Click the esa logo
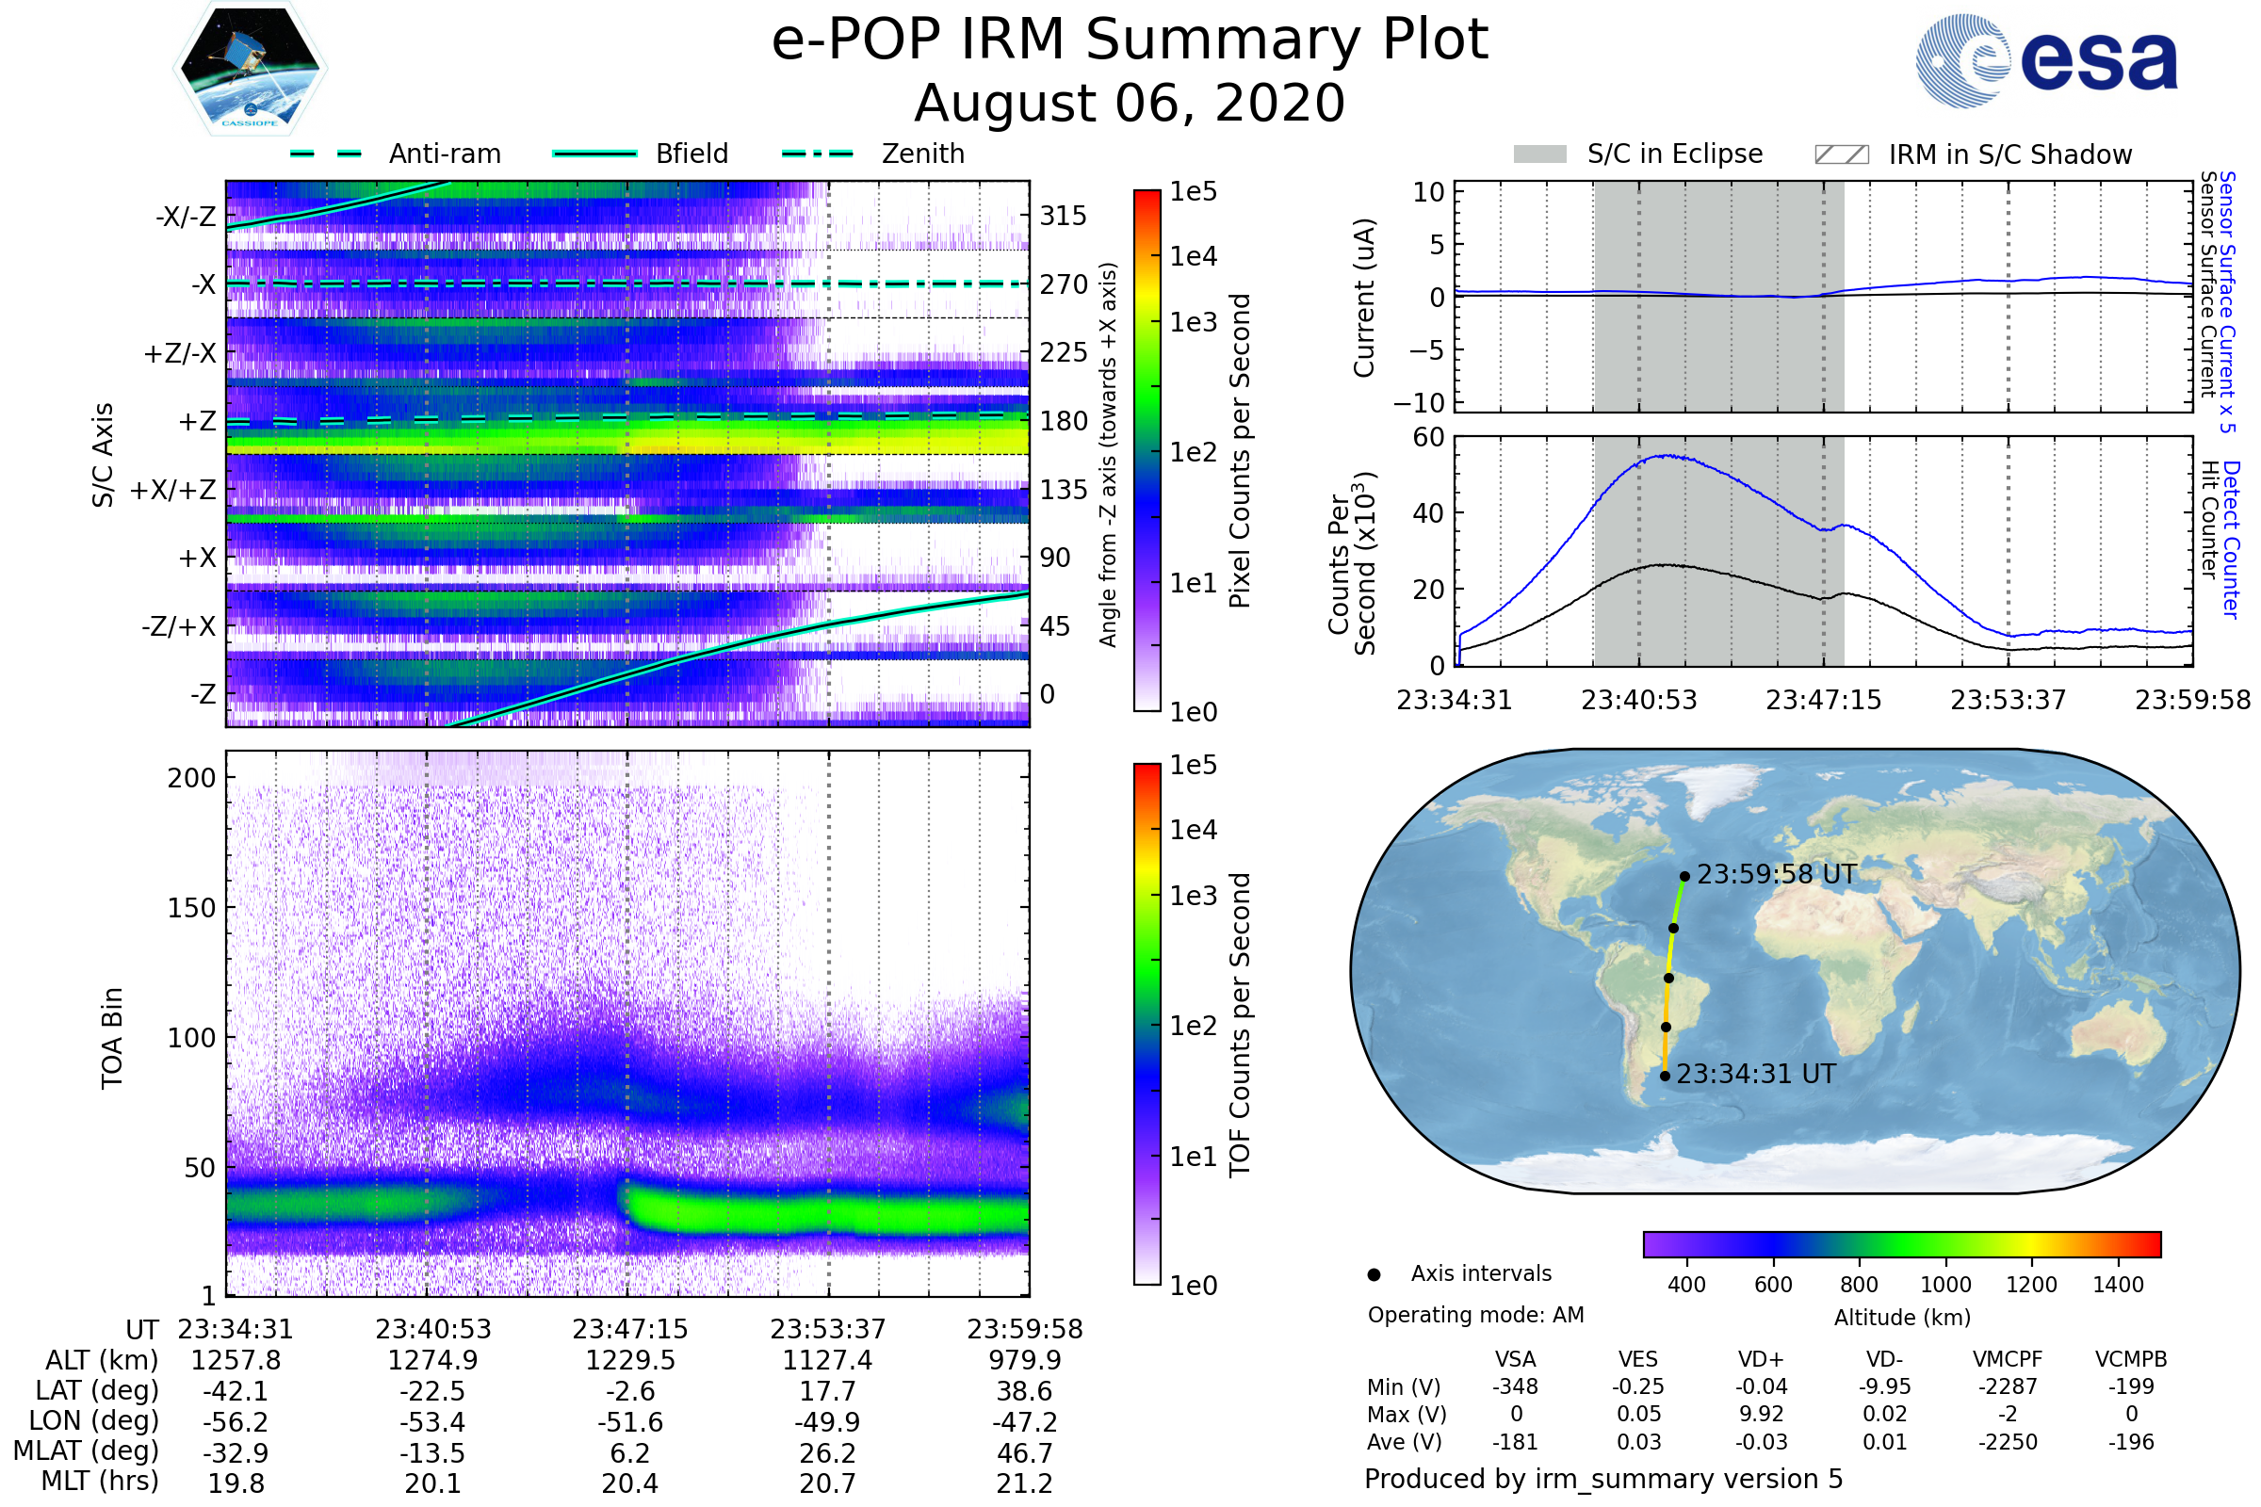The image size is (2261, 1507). click(2047, 60)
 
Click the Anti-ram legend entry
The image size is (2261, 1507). click(444, 154)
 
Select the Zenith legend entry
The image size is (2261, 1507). click(922, 154)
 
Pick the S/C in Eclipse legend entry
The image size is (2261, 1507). click(1674, 154)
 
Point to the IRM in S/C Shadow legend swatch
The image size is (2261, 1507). click(1841, 154)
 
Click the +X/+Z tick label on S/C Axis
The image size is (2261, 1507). click(173, 490)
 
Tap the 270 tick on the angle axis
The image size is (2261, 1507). click(1064, 284)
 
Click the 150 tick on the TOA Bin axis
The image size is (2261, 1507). click(191, 908)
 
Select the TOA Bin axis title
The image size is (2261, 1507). click(112, 1037)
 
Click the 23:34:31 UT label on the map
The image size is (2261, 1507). click(1755, 1074)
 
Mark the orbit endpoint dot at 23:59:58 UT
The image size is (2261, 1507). click(1684, 877)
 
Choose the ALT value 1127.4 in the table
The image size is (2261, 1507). click(827, 1361)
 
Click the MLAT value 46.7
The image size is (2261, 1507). click(1025, 1453)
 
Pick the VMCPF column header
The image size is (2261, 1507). click(2008, 1359)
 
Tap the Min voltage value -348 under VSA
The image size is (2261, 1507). click(1515, 1386)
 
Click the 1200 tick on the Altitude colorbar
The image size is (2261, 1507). click(2031, 1285)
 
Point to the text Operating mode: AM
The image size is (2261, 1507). click(1475, 1315)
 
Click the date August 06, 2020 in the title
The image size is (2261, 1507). click(1130, 104)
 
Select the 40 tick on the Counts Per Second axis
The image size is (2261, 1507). click(1428, 513)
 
